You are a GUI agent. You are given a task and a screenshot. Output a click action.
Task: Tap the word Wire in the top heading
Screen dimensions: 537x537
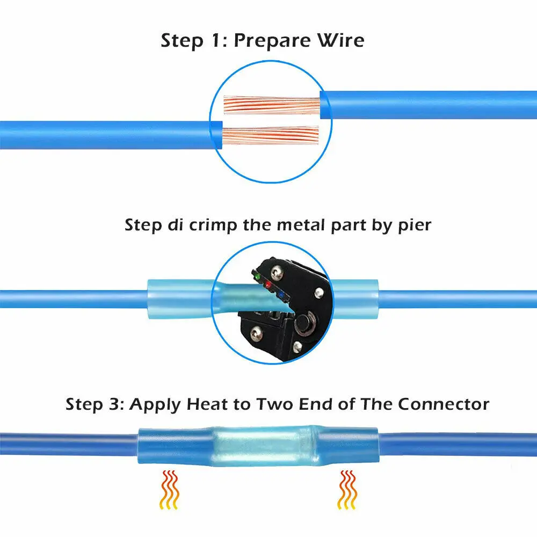340,41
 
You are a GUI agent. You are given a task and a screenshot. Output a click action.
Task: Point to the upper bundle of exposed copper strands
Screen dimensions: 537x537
271,105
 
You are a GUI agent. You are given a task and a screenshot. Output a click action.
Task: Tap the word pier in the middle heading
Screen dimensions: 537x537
413,226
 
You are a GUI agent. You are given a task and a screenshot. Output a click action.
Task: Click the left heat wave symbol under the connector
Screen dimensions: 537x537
169,489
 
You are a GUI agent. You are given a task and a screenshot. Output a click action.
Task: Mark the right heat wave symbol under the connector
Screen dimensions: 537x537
347,489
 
